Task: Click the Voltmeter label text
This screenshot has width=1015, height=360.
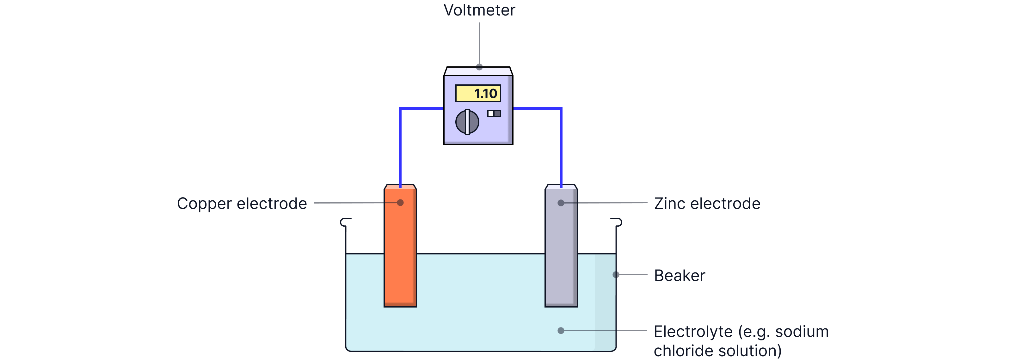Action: tap(479, 10)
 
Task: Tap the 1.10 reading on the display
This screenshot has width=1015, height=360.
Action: tap(485, 94)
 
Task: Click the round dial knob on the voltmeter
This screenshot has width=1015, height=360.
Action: tap(467, 122)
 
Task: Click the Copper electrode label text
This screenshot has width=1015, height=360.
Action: tap(242, 204)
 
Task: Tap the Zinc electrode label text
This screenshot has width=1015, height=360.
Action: tap(707, 204)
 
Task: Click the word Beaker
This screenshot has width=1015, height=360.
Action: tap(679, 276)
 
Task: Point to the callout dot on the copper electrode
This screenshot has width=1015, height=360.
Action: tap(400, 203)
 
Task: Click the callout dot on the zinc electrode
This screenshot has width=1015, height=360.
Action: tap(561, 203)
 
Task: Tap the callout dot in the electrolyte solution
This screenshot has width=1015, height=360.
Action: tap(561, 331)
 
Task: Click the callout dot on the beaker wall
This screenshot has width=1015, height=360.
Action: tap(616, 275)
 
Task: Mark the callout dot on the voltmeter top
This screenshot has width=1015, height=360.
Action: tap(479, 67)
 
